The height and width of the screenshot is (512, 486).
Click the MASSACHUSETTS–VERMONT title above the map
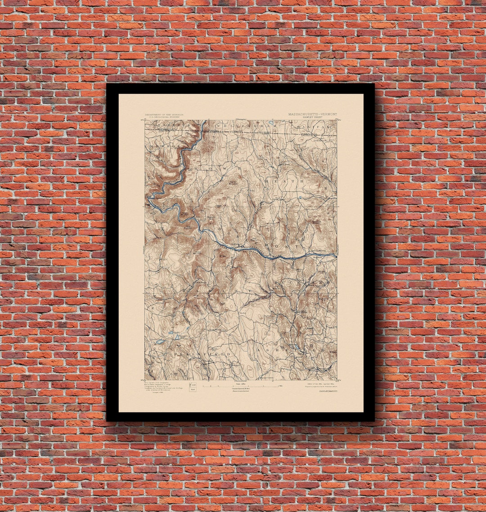pyautogui.click(x=312, y=114)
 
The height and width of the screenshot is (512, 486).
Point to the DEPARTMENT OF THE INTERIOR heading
pyautogui.click(x=164, y=115)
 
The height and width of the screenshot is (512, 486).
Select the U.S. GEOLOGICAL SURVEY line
pyautogui.click(x=164, y=118)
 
